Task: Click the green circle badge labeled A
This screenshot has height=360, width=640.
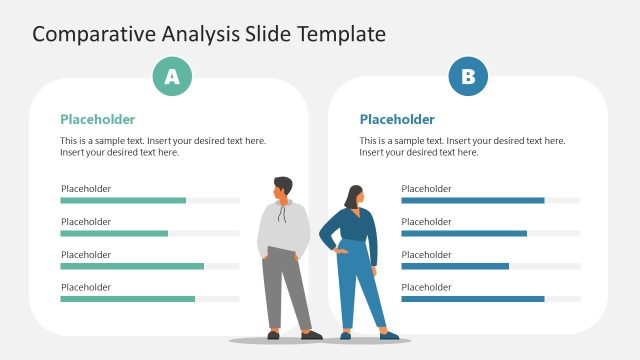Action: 172,77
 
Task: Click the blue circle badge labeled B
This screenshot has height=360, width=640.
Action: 468,77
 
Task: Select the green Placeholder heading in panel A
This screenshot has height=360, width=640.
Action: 97,119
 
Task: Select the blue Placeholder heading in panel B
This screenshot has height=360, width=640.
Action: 397,119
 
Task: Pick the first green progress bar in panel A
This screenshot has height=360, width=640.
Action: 123,200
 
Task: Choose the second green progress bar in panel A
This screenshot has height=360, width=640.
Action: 114,233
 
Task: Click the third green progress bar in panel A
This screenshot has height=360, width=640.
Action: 132,266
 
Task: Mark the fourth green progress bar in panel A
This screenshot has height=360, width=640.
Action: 127,299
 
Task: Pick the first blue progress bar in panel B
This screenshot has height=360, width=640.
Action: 472,200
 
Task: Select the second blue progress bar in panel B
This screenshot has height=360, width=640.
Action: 464,233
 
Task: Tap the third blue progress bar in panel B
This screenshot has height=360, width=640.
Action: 455,266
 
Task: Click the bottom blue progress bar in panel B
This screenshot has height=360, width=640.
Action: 472,299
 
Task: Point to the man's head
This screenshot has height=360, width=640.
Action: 283,188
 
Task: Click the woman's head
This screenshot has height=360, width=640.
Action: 355,196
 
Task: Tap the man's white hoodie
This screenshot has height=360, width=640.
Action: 284,227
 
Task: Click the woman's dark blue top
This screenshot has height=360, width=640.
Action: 357,228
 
